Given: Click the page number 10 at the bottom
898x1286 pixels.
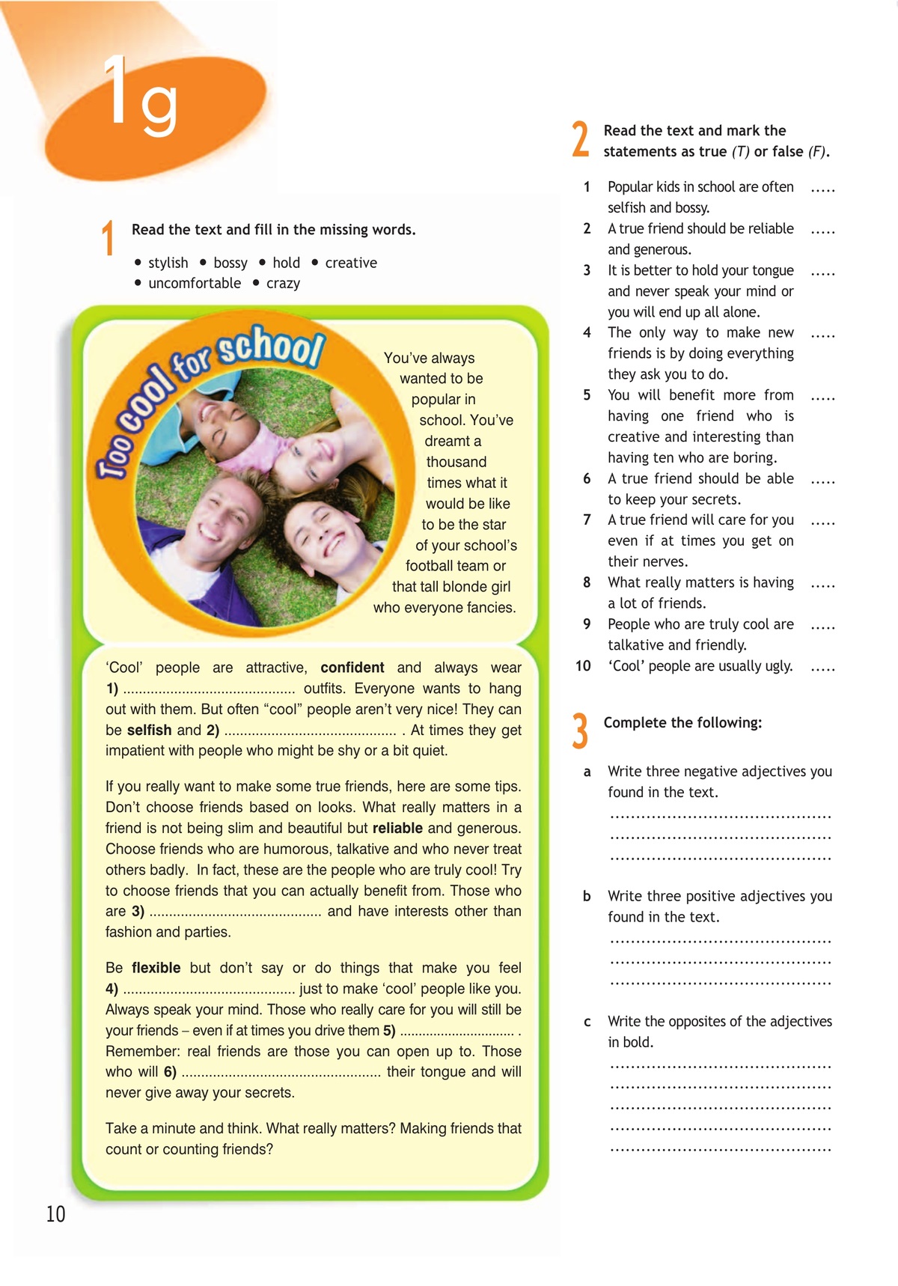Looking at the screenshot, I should [56, 1213].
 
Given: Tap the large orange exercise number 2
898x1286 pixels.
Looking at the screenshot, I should [580, 140].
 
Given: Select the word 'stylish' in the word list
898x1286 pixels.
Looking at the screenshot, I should [168, 263].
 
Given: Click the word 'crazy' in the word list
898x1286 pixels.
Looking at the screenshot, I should [283, 284].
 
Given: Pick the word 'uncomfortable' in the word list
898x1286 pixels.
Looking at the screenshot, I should [195, 284].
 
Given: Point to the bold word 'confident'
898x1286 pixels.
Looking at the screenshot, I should [352, 668].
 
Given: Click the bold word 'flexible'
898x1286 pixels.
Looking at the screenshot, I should [156, 968].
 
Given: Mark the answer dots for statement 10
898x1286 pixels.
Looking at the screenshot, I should [822, 667].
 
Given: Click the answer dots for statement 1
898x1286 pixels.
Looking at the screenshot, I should [822, 189].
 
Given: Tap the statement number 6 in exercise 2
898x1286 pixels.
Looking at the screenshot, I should [587, 478].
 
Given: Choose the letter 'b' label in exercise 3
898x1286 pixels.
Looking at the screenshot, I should [587, 896].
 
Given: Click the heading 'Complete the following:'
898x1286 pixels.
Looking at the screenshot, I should [682, 722].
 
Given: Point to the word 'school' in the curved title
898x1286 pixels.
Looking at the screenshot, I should [271, 346].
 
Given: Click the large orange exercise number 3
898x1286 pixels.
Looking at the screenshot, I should [580, 731].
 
